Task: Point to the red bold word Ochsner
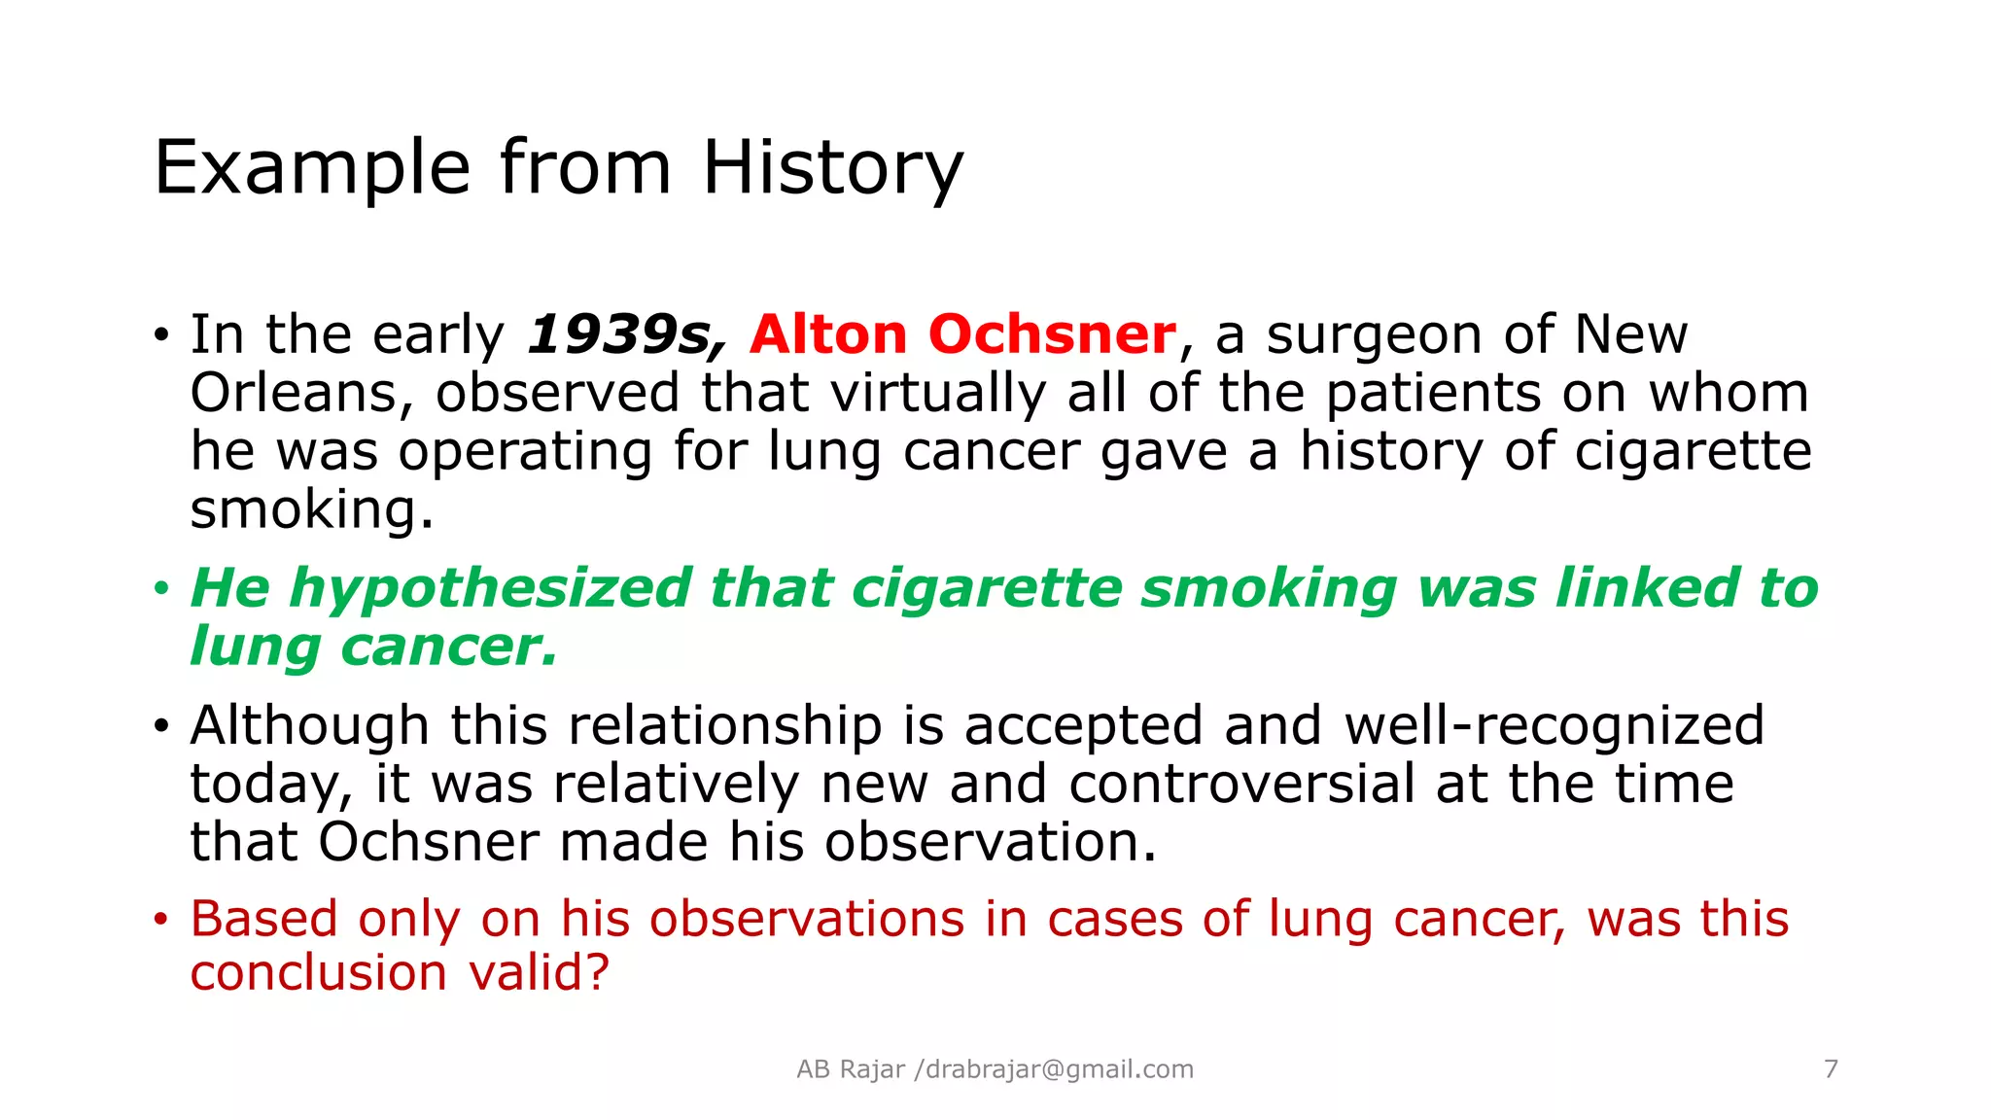pos(1052,334)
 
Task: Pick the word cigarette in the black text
pos(1693,452)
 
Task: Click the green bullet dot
pos(161,588)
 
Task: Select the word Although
pos(309,726)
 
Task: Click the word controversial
pos(1241,784)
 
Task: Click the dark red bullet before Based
pos(161,920)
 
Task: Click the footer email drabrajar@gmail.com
pos(1059,1069)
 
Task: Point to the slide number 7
pos(1831,1069)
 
